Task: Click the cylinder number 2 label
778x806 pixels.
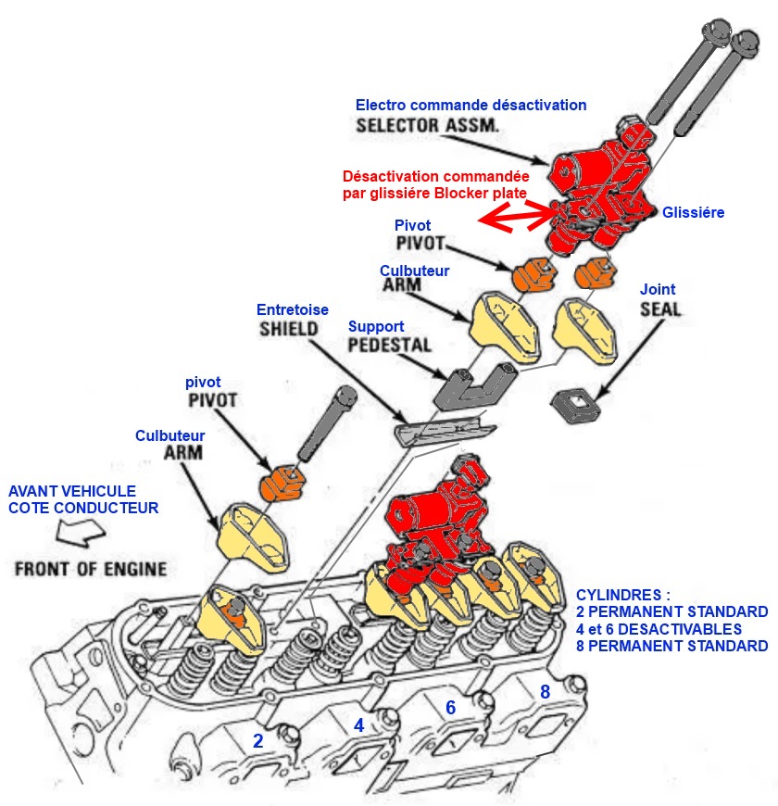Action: click(258, 740)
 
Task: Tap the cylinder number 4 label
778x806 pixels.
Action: click(358, 725)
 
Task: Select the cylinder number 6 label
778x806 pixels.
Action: click(450, 707)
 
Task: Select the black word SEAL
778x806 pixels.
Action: click(659, 309)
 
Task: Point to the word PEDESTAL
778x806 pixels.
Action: click(389, 346)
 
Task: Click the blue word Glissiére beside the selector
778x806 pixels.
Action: click(693, 213)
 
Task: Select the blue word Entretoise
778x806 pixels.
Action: click(293, 309)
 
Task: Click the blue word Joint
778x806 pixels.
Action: click(658, 289)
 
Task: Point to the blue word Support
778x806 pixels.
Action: click(375, 326)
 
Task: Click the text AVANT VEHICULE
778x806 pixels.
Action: click(72, 491)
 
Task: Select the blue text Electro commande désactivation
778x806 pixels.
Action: click(471, 105)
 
